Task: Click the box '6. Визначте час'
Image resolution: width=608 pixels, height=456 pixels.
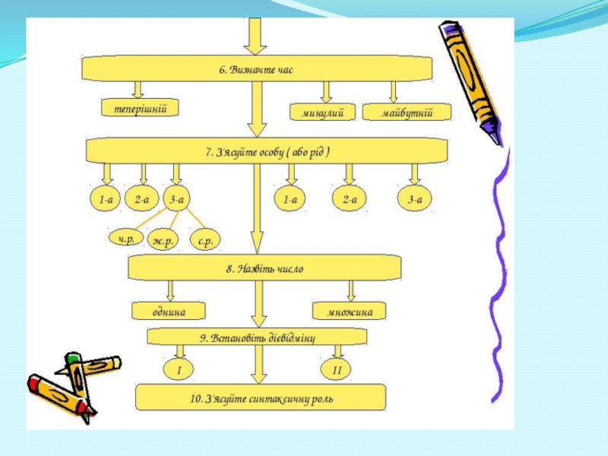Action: coord(256,69)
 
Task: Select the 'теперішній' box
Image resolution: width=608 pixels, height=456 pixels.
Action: coord(141,109)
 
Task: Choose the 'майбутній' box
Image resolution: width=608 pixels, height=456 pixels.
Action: coord(407,112)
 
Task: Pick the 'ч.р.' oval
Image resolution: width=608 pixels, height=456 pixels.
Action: coord(126,239)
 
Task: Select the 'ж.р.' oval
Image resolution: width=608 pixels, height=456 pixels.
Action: coord(163,240)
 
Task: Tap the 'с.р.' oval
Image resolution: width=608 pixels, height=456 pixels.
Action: coord(204,240)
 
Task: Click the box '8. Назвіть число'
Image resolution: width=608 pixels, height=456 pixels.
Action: coord(264,268)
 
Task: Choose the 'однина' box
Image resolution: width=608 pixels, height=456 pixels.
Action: coord(169,311)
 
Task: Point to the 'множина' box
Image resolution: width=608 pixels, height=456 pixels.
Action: coord(349,311)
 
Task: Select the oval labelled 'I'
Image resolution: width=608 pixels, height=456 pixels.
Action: coord(179,369)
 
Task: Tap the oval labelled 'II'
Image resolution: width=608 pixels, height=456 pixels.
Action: coord(337,370)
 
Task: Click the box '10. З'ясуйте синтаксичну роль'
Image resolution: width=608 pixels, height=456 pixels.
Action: coord(261,397)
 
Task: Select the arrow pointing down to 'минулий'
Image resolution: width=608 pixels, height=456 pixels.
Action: coord(326,91)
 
